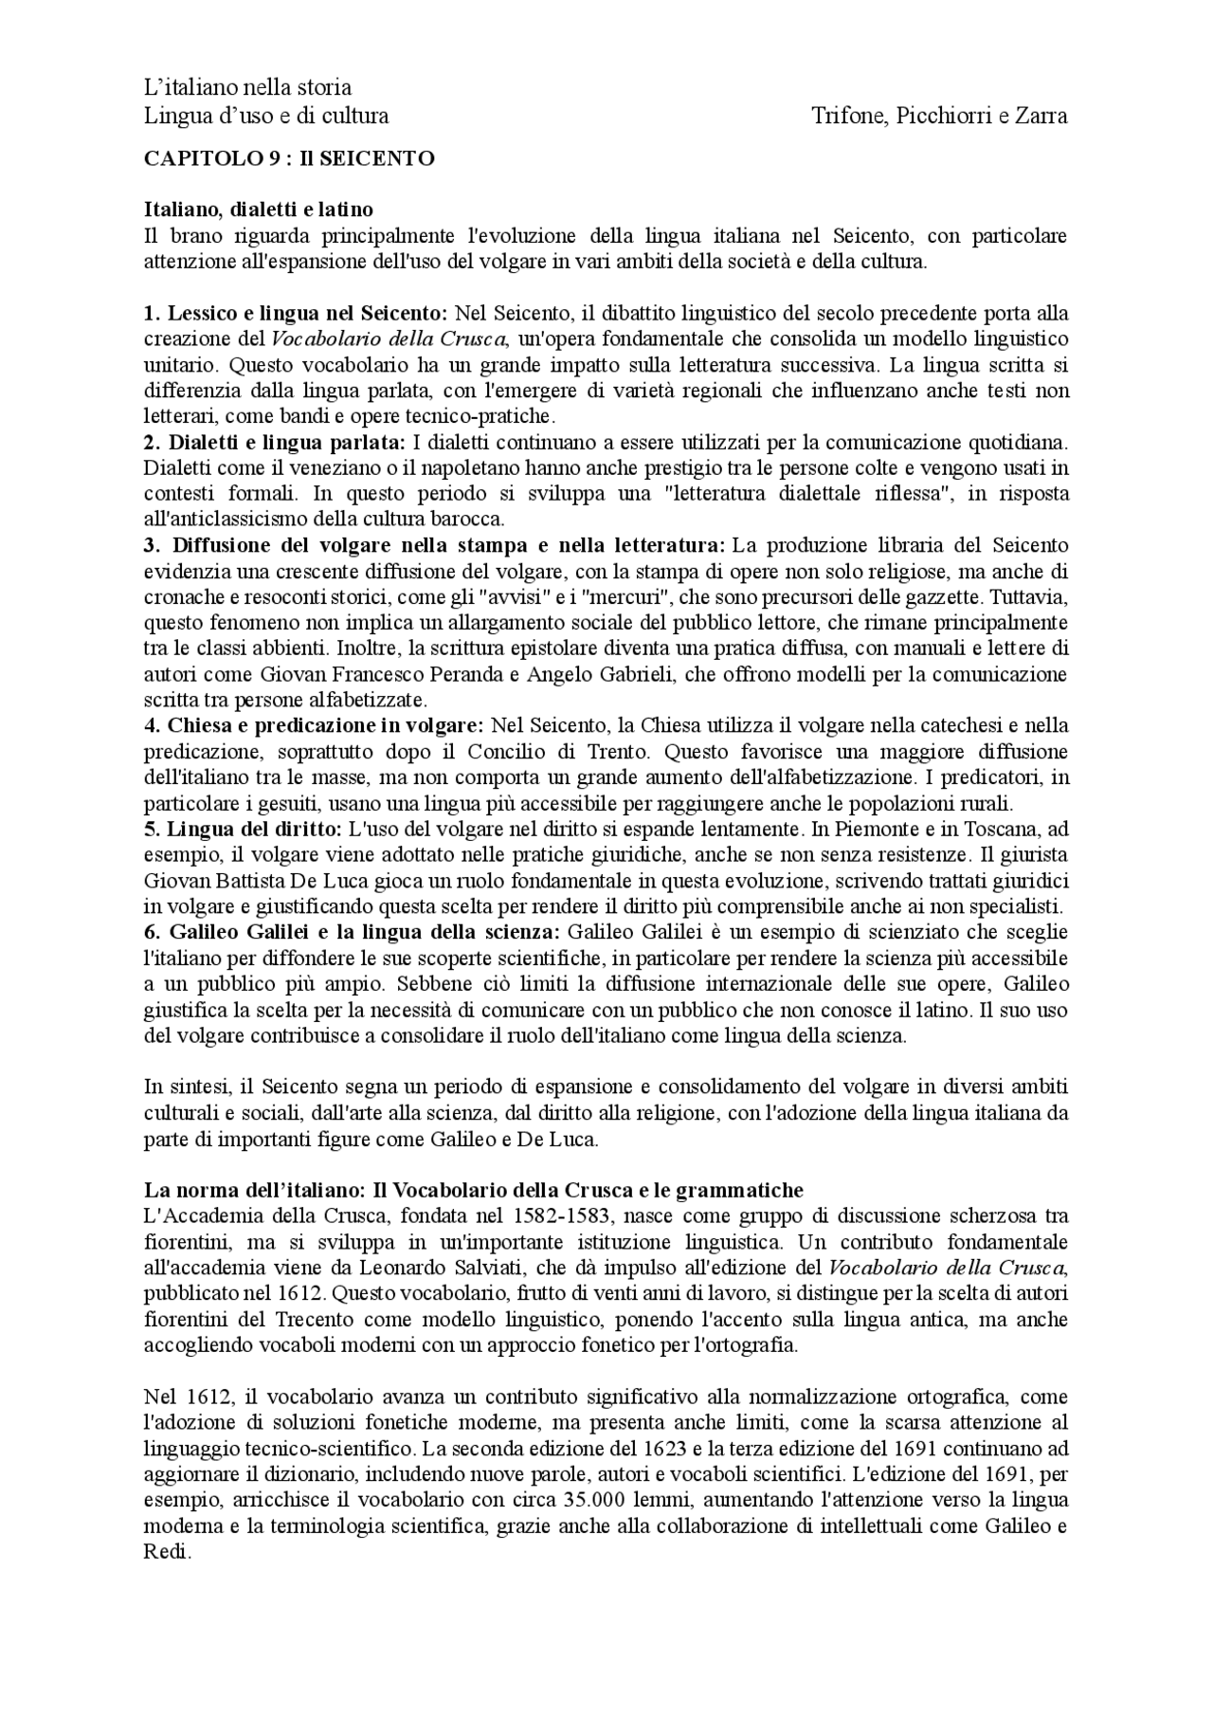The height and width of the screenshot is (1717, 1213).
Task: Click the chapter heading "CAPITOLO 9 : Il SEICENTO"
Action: [289, 158]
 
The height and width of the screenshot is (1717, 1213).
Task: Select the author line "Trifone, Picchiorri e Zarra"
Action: [939, 116]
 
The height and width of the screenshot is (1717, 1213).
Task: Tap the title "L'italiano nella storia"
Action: [247, 87]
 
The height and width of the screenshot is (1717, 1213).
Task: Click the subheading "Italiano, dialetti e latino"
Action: [258, 209]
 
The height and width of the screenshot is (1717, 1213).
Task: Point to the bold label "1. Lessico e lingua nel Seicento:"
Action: [296, 313]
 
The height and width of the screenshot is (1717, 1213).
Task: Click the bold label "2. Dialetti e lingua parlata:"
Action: [275, 442]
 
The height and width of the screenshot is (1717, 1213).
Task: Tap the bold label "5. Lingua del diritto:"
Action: [243, 829]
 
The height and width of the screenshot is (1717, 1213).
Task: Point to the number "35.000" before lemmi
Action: [581, 1500]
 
